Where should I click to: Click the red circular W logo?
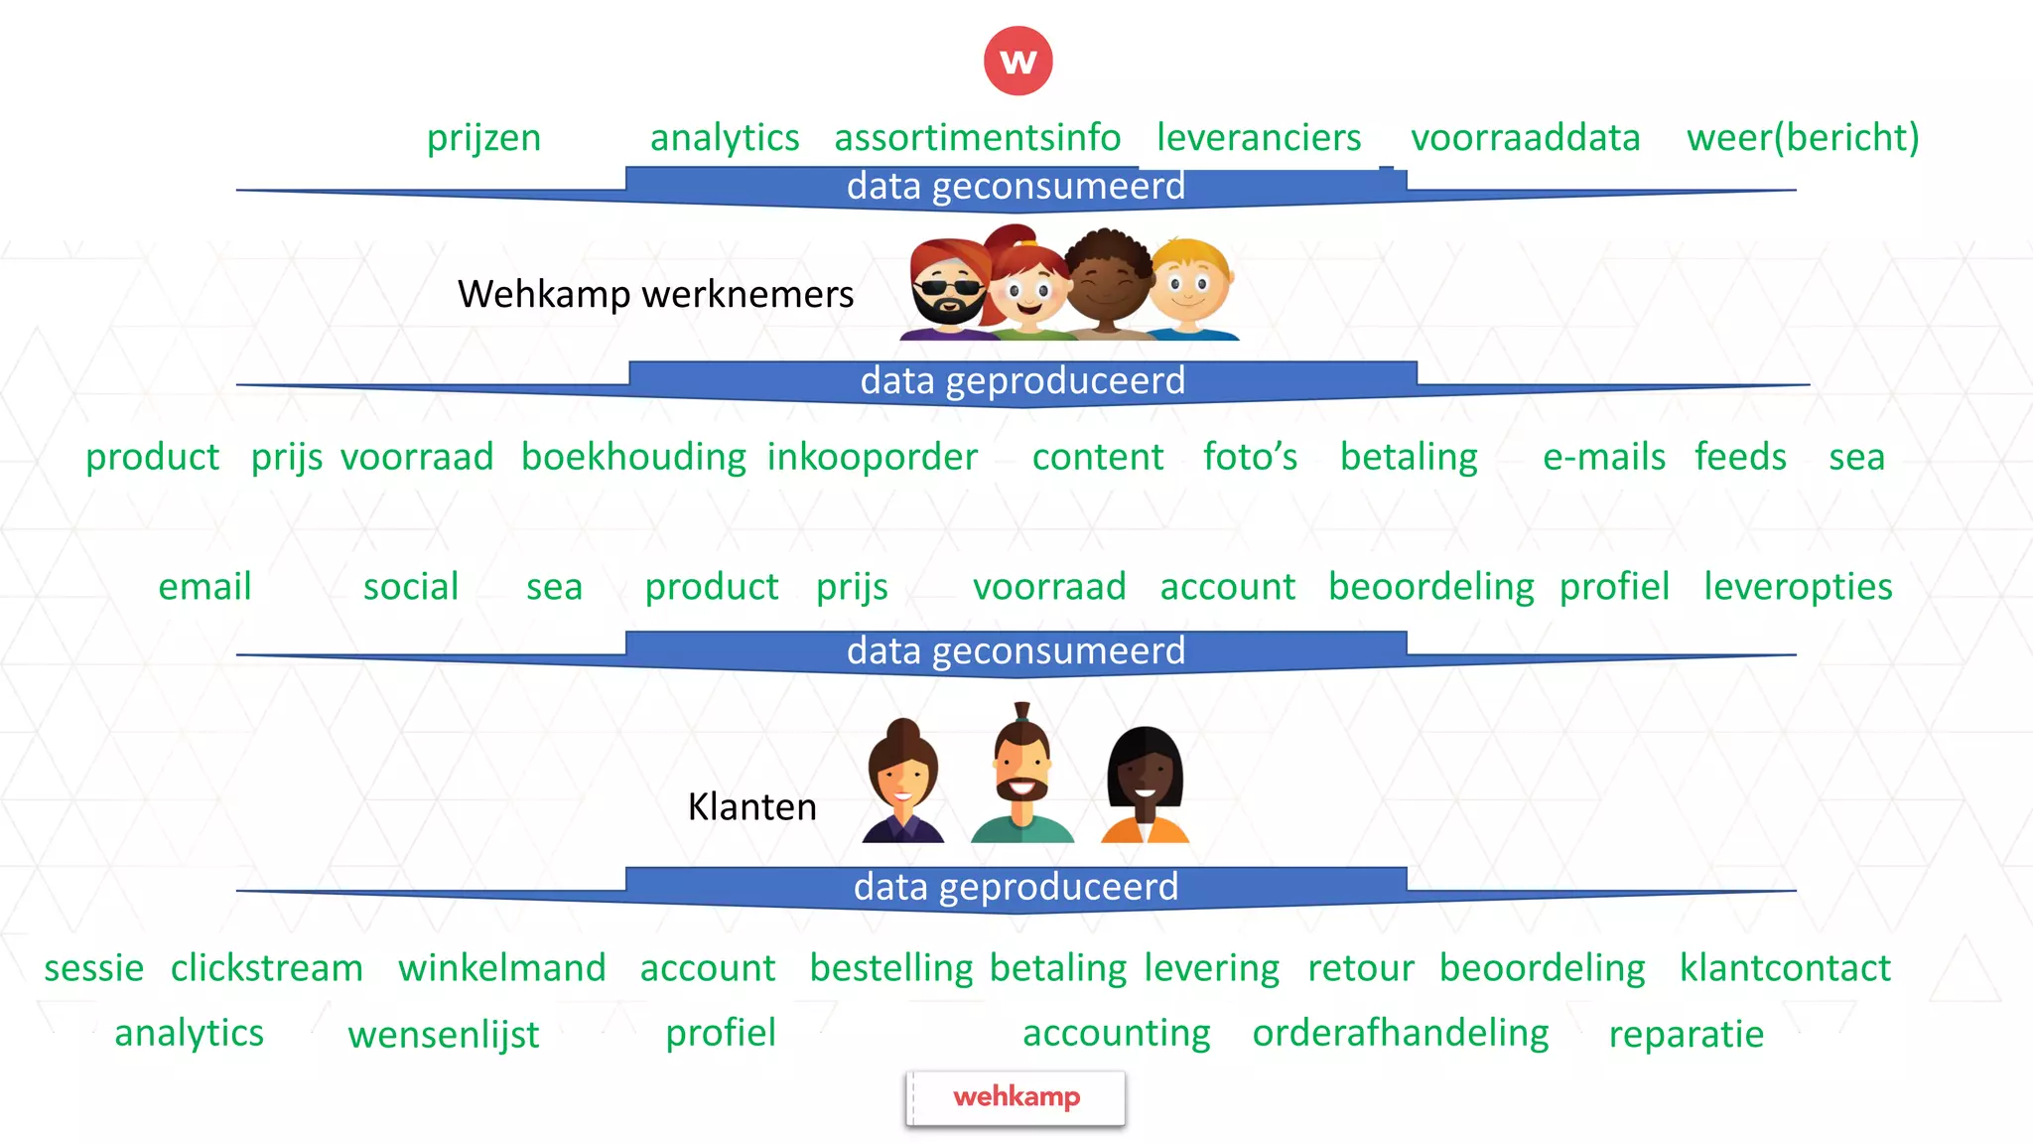[x=1017, y=61]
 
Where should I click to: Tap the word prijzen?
[x=483, y=138]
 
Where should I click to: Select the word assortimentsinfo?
[x=977, y=138]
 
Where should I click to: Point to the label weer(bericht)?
[x=1803, y=138]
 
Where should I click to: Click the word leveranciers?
[x=1259, y=138]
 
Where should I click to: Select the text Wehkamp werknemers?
[x=655, y=294]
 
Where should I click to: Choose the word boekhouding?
[x=633, y=457]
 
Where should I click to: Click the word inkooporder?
[x=872, y=457]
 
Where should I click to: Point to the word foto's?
[x=1250, y=457]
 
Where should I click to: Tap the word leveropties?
[x=1798, y=587]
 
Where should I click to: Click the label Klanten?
[x=751, y=806]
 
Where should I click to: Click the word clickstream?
[x=266, y=968]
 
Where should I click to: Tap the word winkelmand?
[x=501, y=968]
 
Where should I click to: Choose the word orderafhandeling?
[x=1400, y=1033]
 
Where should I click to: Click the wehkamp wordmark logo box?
[x=1016, y=1097]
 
